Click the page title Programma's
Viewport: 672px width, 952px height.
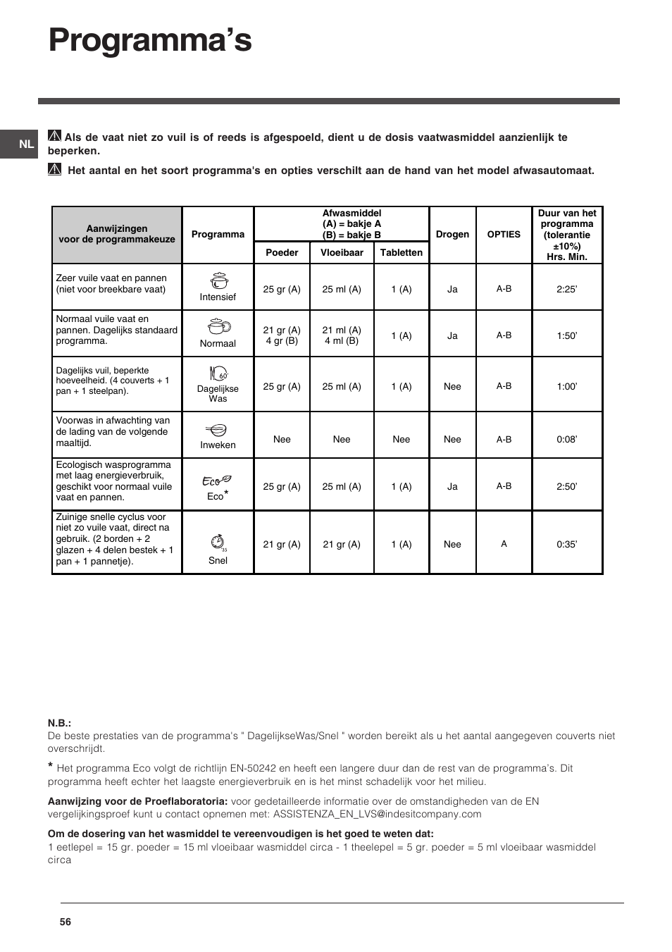pyautogui.click(x=150, y=41)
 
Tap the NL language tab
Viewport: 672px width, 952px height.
pyautogui.click(x=26, y=144)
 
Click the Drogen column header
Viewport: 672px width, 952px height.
pyautogui.click(x=452, y=235)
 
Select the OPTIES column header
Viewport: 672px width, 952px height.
pyautogui.click(x=504, y=235)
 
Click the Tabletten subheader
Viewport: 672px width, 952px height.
pyautogui.click(x=401, y=253)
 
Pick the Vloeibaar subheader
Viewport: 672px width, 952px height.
pyautogui.click(x=342, y=253)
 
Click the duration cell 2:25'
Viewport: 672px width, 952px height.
pyautogui.click(x=566, y=289)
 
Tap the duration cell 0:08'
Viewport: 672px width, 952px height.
pyautogui.click(x=566, y=439)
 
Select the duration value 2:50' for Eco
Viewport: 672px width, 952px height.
pyautogui.click(x=566, y=486)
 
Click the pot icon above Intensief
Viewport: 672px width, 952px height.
pyautogui.click(x=218, y=280)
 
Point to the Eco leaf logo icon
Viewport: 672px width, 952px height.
pyautogui.click(x=217, y=481)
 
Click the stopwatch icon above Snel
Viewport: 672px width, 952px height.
pyautogui.click(x=218, y=543)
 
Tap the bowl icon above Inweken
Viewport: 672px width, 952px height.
pyautogui.click(x=218, y=430)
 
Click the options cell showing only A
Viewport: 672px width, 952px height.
pyautogui.click(x=504, y=544)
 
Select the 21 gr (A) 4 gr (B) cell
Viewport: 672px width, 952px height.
pyautogui.click(x=282, y=335)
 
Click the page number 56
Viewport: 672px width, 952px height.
pyautogui.click(x=66, y=922)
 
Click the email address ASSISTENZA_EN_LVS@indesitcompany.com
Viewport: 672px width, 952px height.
pyautogui.click(x=377, y=814)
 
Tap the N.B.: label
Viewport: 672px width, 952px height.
pyautogui.click(x=59, y=723)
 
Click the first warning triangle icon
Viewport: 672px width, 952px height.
pyautogui.click(x=54, y=137)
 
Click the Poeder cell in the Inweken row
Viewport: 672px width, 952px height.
pyautogui.click(x=282, y=439)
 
